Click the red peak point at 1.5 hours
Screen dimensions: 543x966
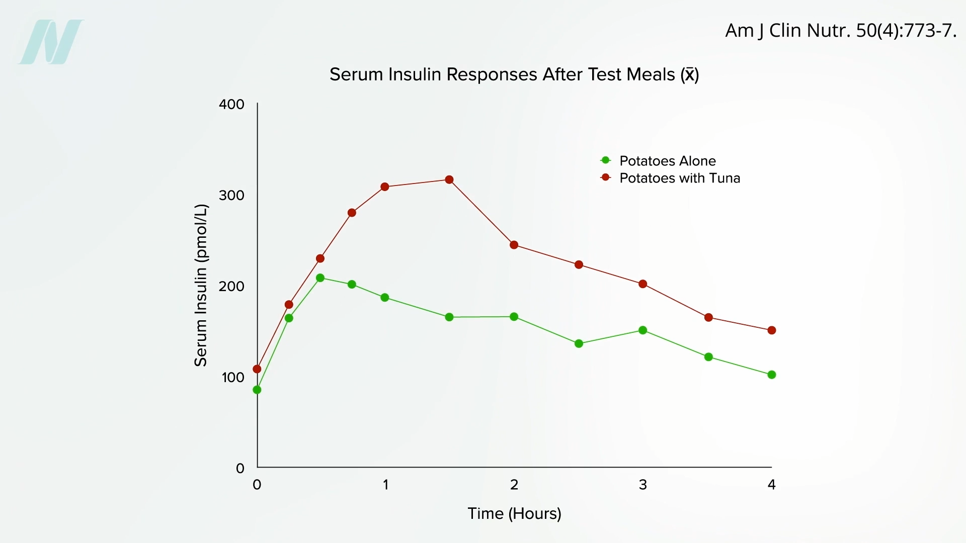[449, 180]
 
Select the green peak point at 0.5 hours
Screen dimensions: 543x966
[320, 278]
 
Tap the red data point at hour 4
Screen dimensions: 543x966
[772, 330]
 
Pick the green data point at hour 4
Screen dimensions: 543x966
[772, 375]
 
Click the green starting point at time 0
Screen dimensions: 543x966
[257, 390]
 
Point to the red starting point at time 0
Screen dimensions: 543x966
[257, 369]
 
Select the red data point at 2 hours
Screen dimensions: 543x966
[514, 245]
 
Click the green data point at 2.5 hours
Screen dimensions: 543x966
[579, 344]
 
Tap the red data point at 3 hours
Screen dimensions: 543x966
[642, 284]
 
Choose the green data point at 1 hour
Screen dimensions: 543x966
[385, 298]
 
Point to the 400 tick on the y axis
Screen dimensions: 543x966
[231, 105]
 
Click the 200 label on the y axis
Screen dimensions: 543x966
[231, 287]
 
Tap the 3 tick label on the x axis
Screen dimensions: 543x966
[642, 485]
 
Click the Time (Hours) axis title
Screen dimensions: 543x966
[514, 513]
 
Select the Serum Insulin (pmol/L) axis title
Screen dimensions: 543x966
[201, 285]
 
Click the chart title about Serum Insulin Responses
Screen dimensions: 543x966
[514, 74]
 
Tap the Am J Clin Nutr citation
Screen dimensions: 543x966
[840, 31]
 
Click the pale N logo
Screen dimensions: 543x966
[51, 42]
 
